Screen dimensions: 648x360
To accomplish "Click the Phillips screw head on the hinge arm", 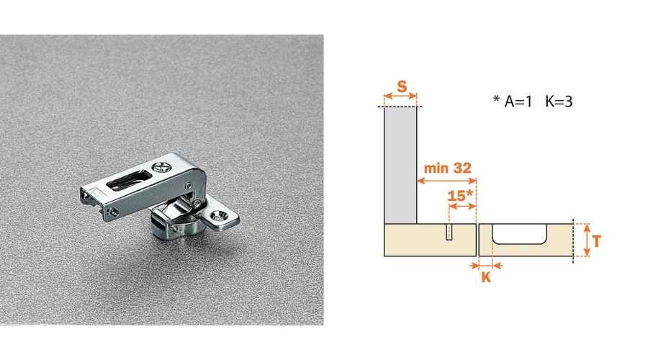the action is pyautogui.click(x=161, y=168).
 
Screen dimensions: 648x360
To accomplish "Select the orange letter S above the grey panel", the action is pyautogui.click(x=402, y=87).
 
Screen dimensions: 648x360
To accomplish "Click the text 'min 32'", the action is pyautogui.click(x=448, y=168).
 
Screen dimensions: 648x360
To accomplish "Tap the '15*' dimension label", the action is pyautogui.click(x=460, y=195).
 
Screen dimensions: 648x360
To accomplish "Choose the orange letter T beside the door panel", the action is pyautogui.click(x=596, y=241).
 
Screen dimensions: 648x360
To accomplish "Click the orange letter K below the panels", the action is pyautogui.click(x=487, y=277).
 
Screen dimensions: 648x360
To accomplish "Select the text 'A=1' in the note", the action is pyautogui.click(x=518, y=102).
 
